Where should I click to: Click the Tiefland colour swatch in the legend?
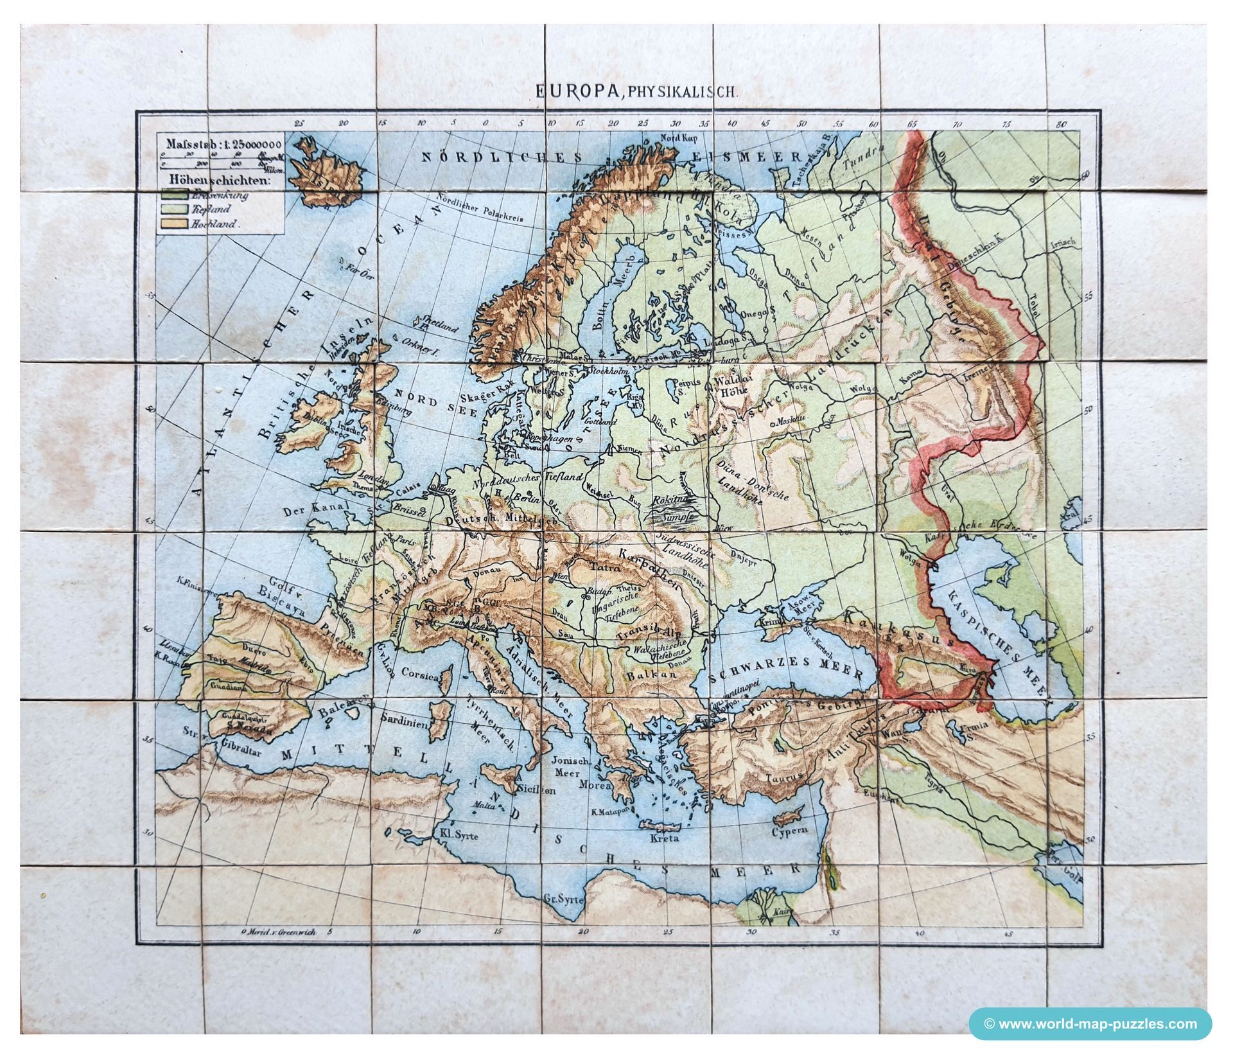[x=173, y=209]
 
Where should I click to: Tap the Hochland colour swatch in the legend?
[x=173, y=224]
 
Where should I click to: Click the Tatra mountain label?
[x=593, y=569]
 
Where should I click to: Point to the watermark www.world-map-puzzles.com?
[x=1090, y=1023]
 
